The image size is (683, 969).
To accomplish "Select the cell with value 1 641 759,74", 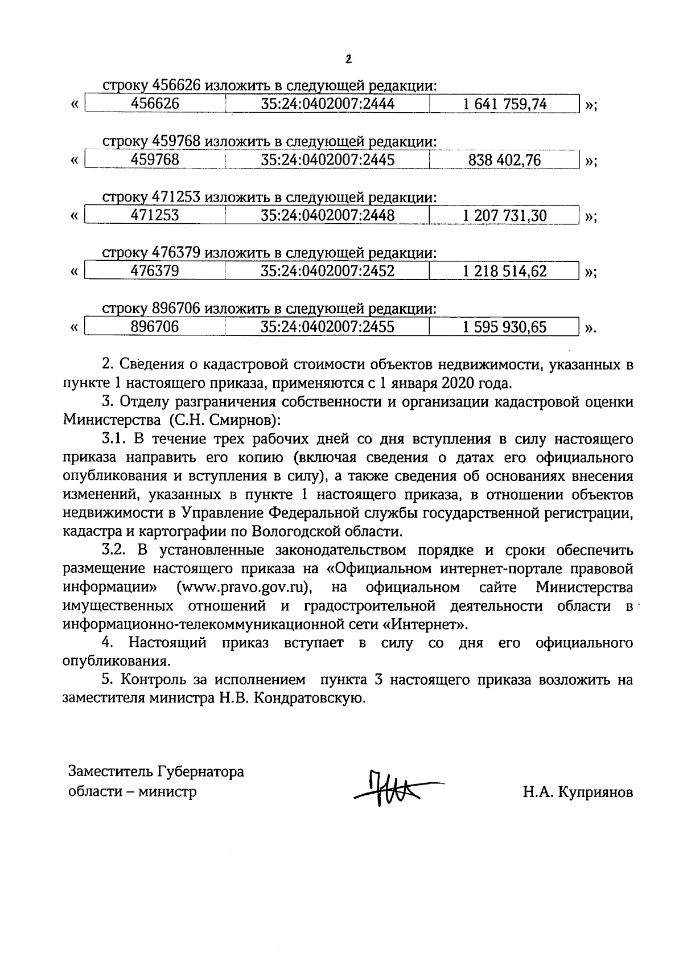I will (505, 104).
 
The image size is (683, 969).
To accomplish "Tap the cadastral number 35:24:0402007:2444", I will (328, 104).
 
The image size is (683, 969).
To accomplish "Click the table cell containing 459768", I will (155, 160).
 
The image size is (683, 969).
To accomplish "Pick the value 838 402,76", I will (504, 160).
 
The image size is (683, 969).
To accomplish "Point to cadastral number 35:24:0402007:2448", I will (328, 216).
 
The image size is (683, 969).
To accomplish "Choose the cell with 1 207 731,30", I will (505, 216).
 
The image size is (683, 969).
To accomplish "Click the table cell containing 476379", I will (155, 272).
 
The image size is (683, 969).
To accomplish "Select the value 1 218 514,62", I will (505, 272).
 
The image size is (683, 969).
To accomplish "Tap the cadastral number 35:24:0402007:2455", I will (328, 327).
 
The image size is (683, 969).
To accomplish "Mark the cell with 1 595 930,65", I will (505, 327).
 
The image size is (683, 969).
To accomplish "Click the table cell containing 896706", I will (155, 327).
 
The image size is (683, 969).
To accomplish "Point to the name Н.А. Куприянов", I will (578, 793).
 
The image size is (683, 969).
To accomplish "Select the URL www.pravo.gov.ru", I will (246, 587).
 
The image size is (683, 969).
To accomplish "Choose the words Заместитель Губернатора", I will (156, 772).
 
